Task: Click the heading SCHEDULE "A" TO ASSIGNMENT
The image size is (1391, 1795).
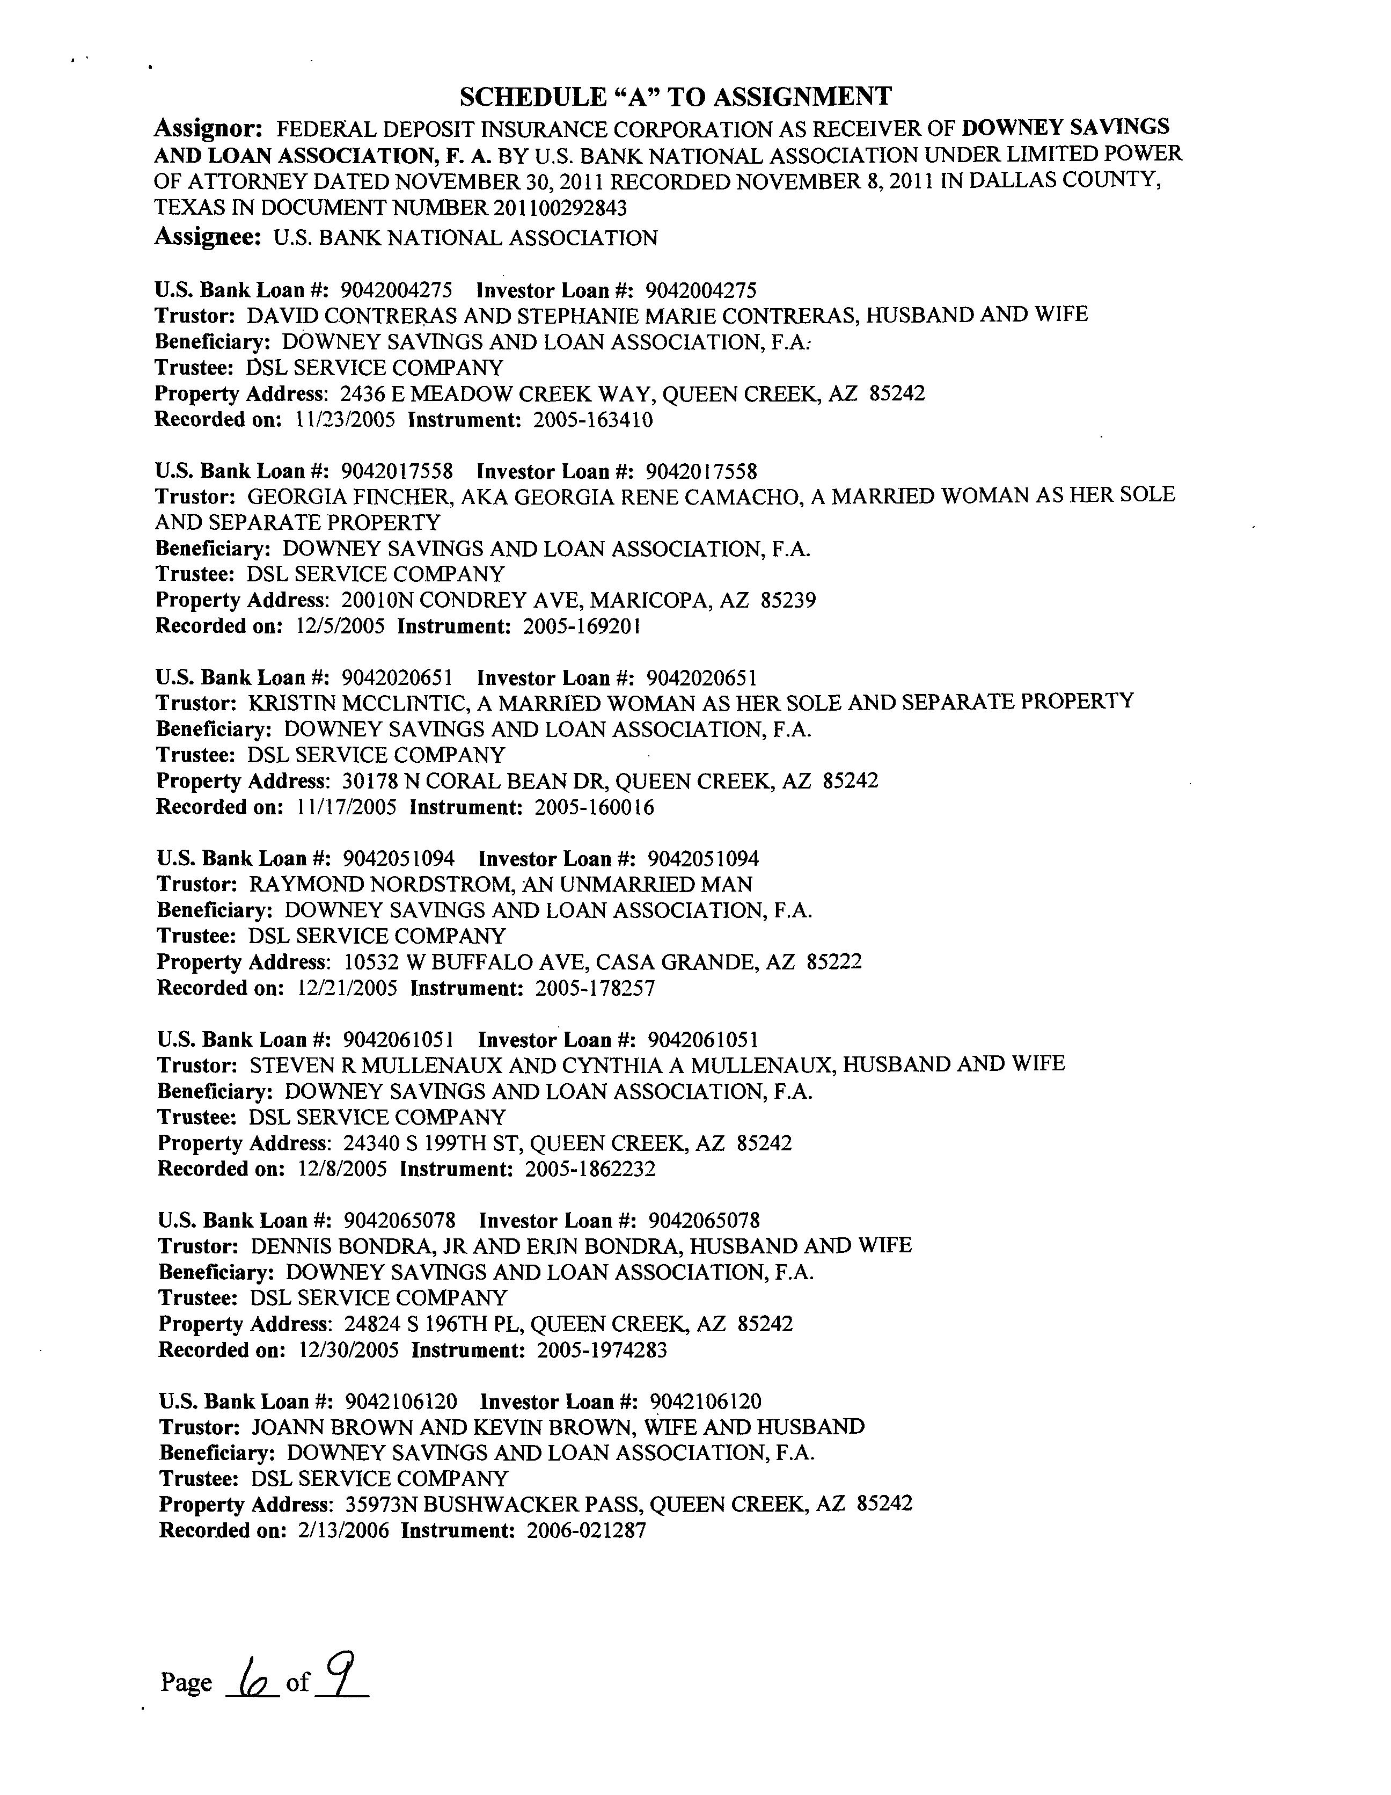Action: coord(675,97)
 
